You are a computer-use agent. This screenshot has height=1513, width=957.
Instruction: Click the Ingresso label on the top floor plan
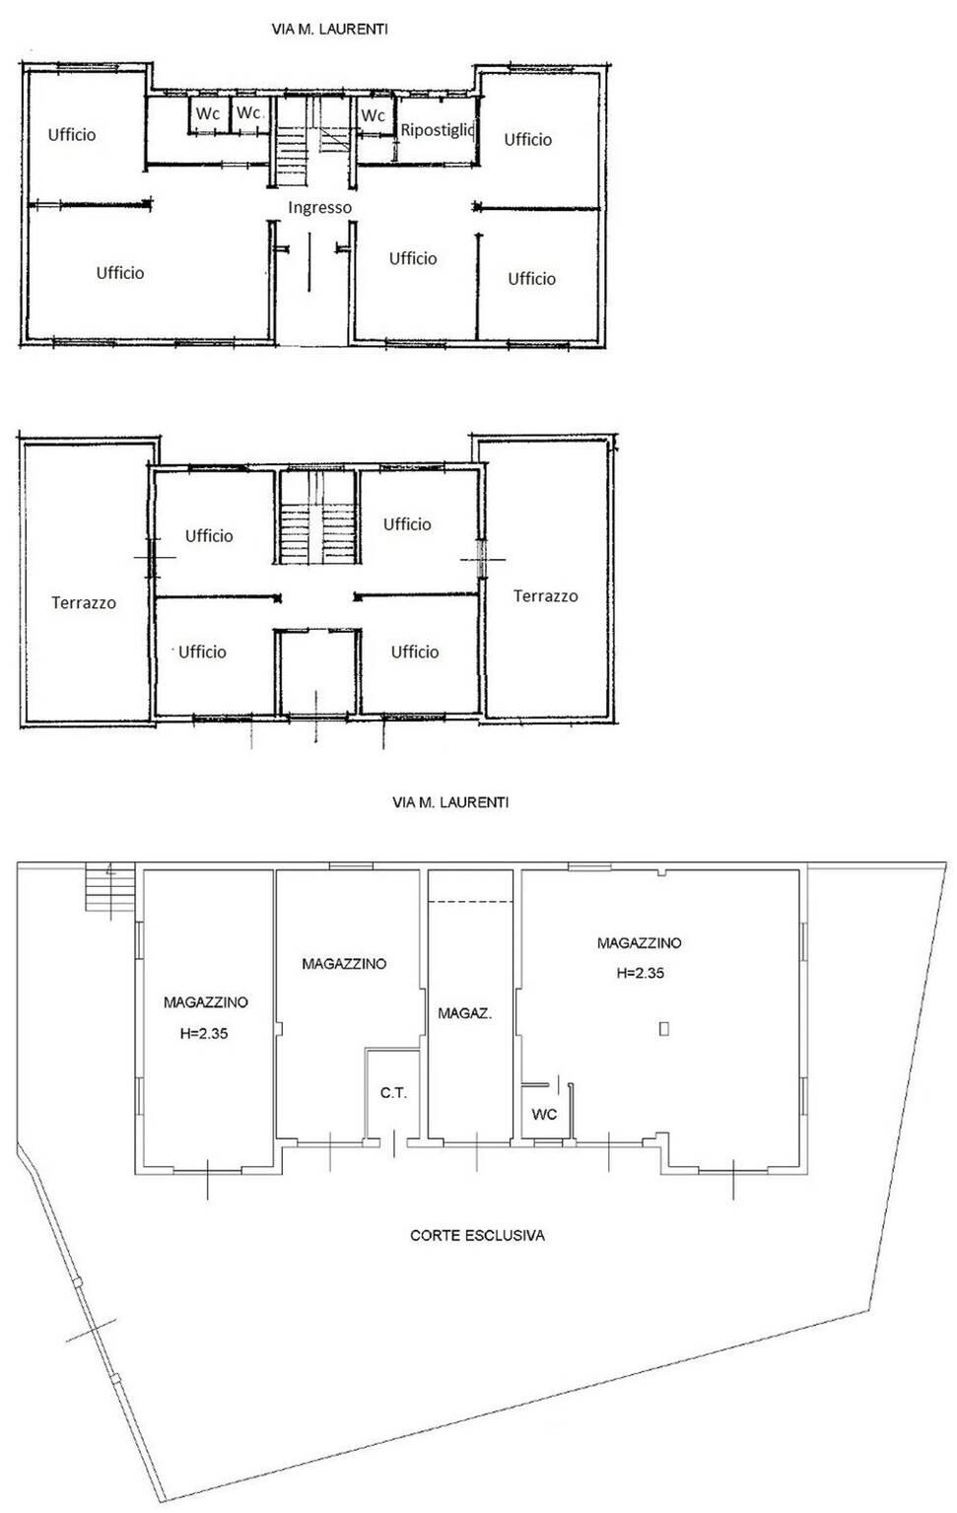coord(319,207)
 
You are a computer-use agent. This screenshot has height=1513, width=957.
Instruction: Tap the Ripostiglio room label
coord(439,130)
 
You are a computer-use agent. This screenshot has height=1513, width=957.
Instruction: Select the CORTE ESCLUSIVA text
coord(477,1235)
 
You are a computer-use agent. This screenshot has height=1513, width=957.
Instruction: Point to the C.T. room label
coord(394,1093)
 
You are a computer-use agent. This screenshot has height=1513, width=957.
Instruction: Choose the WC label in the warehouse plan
coord(544,1114)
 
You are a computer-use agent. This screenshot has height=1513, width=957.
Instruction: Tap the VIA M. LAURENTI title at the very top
coord(329,30)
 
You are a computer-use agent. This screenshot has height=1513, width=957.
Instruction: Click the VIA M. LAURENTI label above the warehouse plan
coord(450,802)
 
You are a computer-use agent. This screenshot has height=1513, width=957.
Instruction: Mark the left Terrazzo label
coord(84,602)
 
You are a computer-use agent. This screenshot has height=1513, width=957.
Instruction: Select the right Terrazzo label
coord(546,595)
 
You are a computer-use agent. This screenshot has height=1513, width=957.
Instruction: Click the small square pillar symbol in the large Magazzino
coord(664,1029)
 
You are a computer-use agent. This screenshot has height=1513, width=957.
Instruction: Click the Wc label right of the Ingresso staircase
coord(373,115)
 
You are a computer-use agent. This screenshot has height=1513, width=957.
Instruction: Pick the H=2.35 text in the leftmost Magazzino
coord(204,1033)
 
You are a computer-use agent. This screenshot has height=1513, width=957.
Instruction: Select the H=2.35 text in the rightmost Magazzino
coord(641,973)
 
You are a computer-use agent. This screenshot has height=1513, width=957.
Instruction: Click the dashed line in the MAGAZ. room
coord(471,902)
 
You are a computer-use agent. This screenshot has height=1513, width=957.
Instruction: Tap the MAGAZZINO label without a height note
coord(344,964)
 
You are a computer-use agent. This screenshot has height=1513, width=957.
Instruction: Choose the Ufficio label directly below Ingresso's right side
coord(413,258)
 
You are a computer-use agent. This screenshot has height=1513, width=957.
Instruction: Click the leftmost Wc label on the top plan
coord(208,114)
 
